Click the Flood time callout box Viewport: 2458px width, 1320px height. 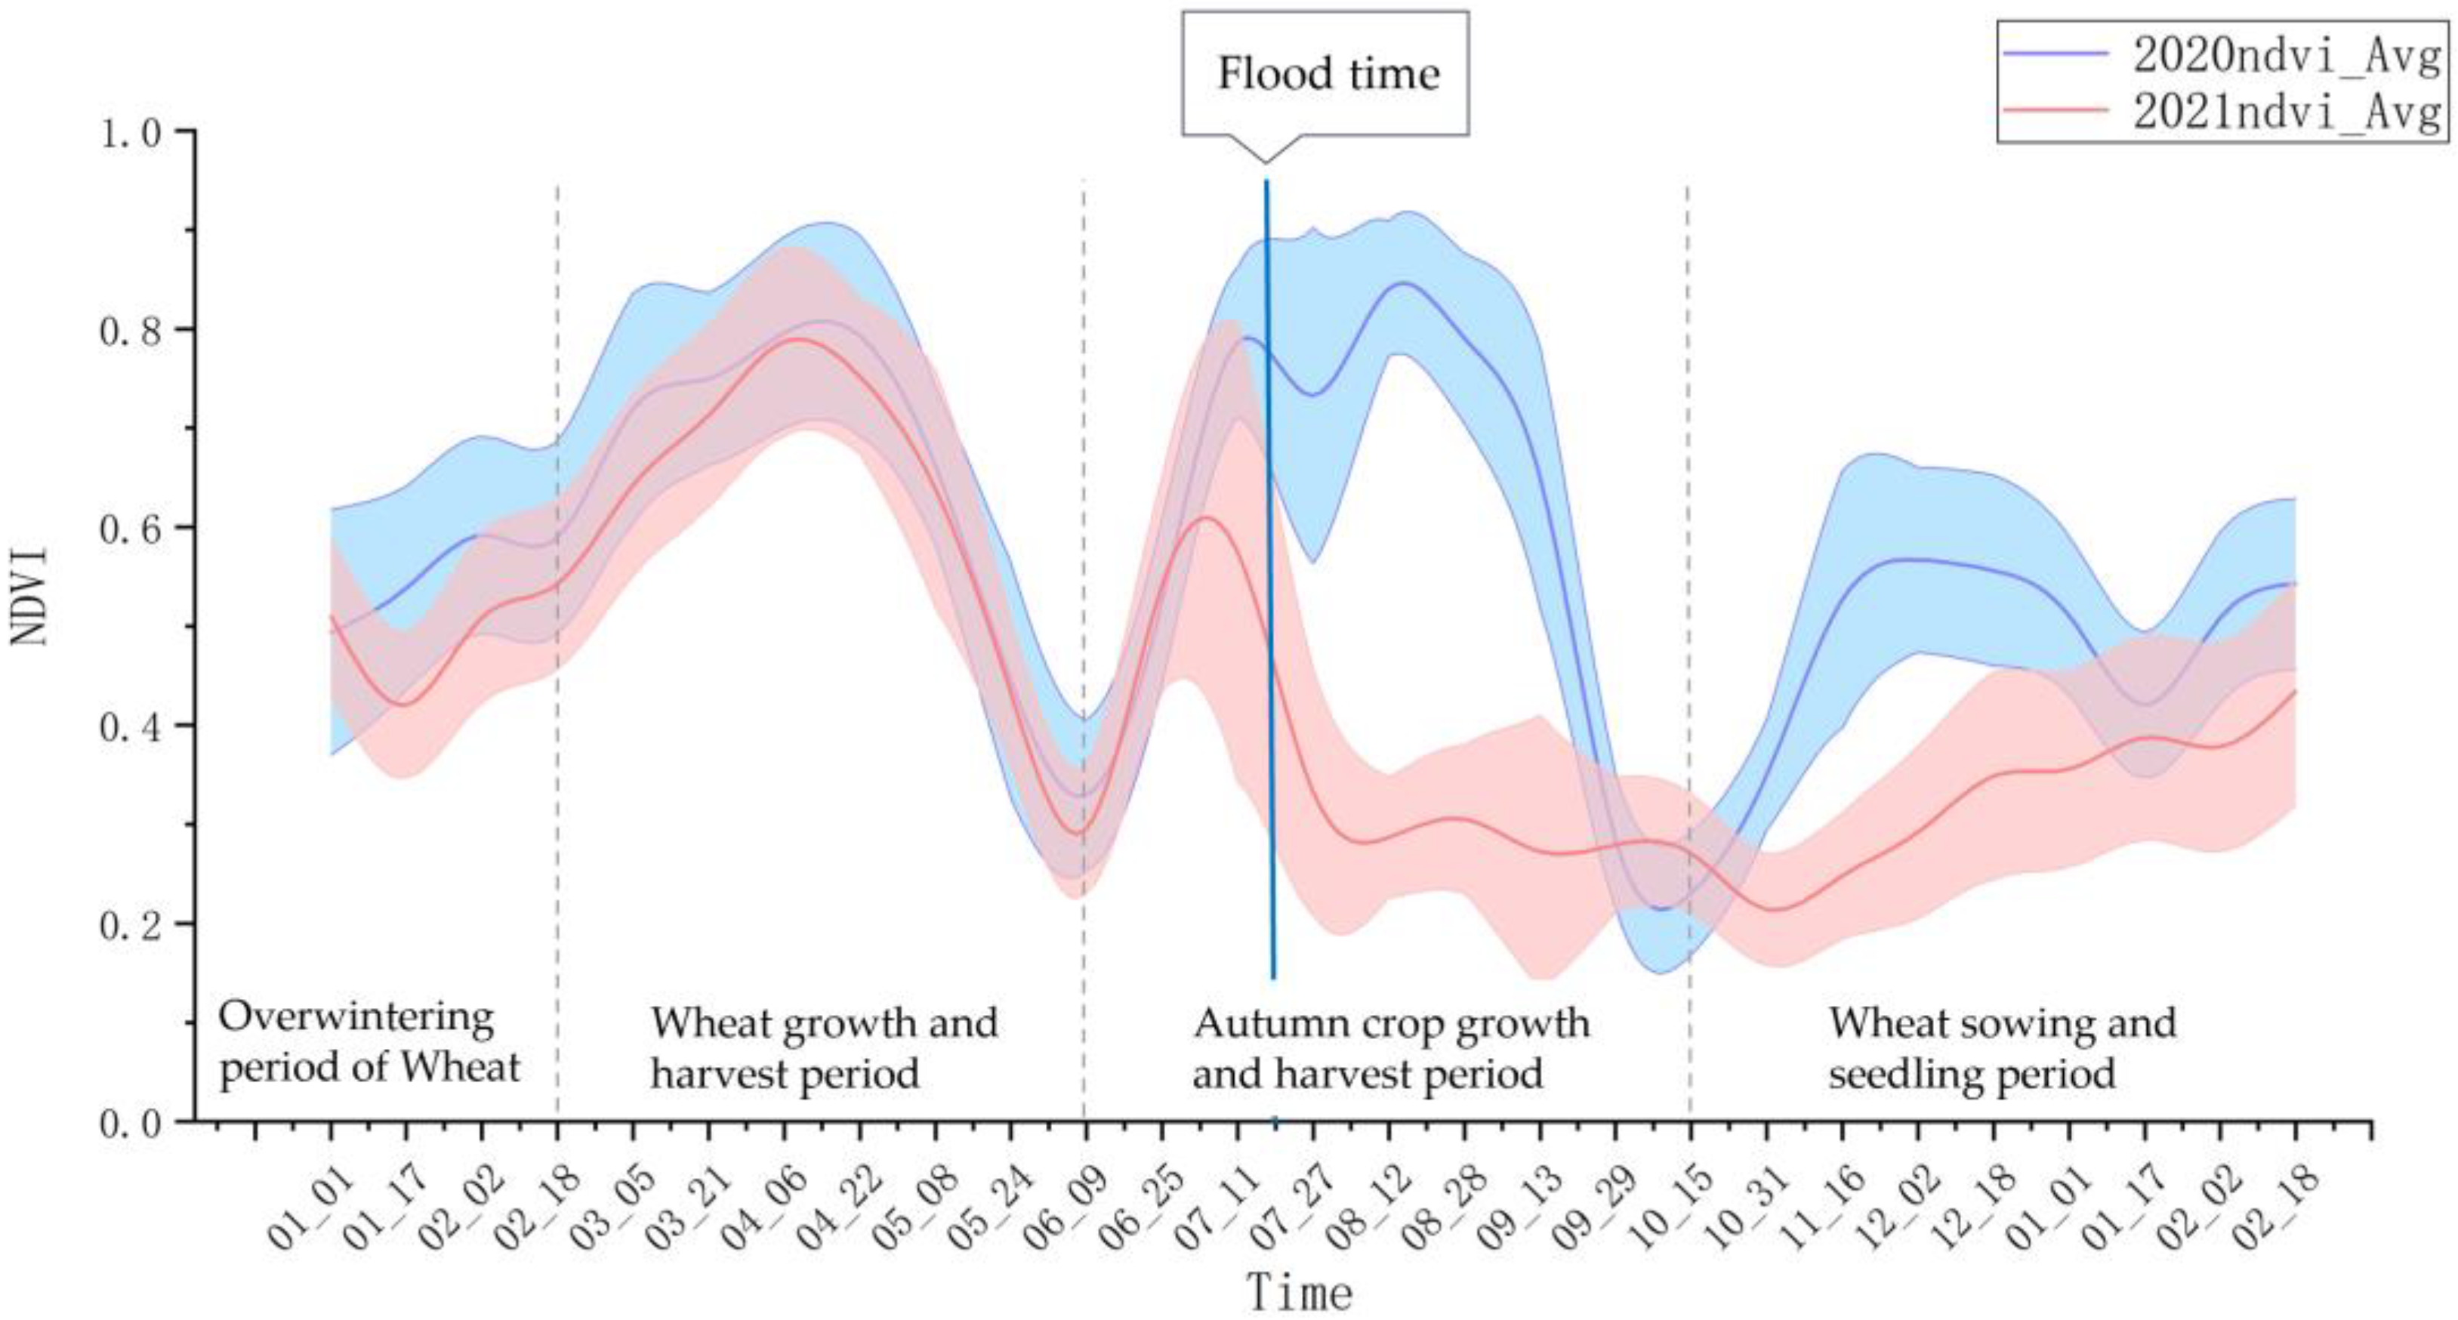coord(1325,73)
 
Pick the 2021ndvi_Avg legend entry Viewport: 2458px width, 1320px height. coord(2284,113)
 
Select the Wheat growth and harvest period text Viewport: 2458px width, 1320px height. coord(823,1048)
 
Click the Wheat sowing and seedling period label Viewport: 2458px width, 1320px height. coord(2001,1048)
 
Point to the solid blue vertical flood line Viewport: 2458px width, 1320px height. coord(1270,572)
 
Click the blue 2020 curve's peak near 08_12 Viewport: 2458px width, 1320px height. coord(1402,283)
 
